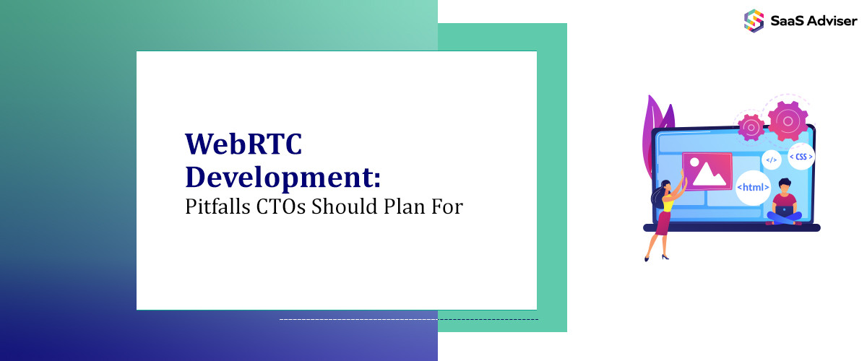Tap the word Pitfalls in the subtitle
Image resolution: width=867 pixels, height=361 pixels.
[217, 206]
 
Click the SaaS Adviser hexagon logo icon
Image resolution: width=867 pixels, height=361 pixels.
[754, 19]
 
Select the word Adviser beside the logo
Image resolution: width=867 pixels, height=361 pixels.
[830, 20]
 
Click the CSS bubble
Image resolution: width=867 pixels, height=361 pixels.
[800, 156]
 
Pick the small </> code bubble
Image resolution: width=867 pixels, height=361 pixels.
[772, 160]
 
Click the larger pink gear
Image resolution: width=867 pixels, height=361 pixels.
[788, 121]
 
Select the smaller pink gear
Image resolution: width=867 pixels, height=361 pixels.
[751, 128]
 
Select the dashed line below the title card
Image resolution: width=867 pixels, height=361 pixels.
[408, 318]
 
